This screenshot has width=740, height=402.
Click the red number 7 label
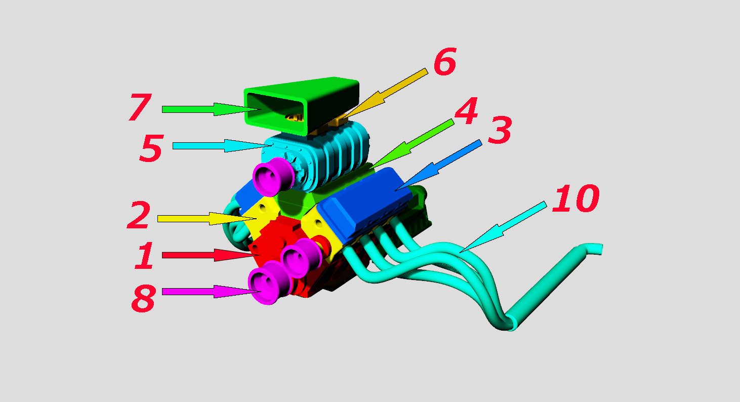point(140,107)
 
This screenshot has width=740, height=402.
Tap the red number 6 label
point(445,61)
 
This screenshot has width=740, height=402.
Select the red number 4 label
point(466,111)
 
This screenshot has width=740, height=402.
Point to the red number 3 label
point(500,130)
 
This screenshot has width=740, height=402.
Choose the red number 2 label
point(139,215)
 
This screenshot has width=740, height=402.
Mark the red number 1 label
point(144,255)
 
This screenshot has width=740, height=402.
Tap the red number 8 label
point(143,299)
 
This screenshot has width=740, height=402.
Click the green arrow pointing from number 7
point(212,109)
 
